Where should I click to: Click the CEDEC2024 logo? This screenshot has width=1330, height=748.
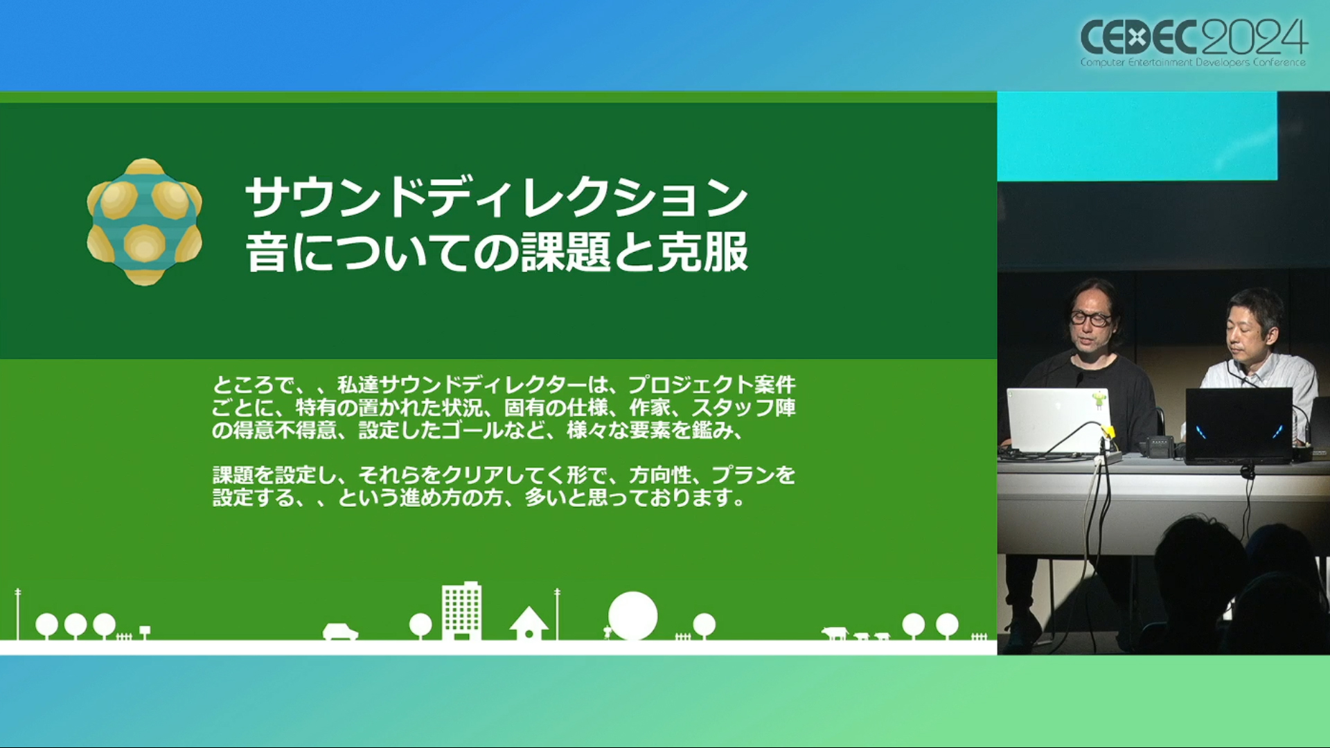[x=1194, y=42]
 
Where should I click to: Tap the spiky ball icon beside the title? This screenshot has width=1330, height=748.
[x=144, y=222]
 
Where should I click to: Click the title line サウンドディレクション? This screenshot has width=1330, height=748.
[x=497, y=197]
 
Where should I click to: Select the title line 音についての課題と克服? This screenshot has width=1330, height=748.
[x=497, y=252]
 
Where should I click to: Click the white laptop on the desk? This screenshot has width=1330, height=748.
[x=1058, y=421]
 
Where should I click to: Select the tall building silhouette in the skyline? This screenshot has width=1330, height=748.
[x=461, y=610]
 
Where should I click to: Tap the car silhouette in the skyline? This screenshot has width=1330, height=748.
[x=340, y=632]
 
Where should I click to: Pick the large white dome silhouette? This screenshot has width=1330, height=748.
[x=632, y=616]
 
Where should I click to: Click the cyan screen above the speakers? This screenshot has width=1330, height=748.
[x=1137, y=136]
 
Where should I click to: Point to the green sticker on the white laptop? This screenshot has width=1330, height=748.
[x=1099, y=400]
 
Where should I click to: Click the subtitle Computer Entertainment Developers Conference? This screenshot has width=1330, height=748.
[x=1193, y=62]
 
